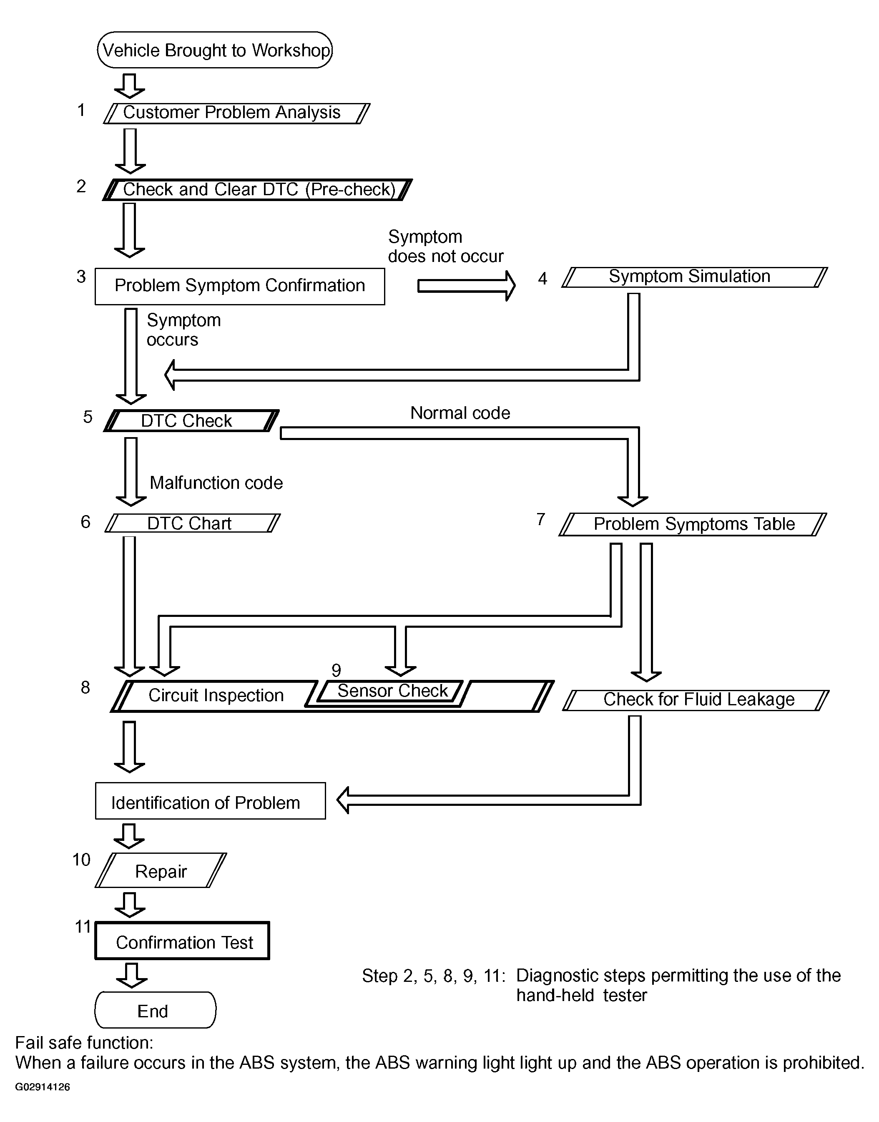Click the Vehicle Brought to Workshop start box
pos(215,50)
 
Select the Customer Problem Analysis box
pos(237,113)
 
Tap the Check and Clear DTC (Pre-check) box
pos(257,189)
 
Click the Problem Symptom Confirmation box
pos(240,286)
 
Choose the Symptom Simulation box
pos(695,277)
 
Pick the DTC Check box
pos(191,420)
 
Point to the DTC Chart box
pos(193,523)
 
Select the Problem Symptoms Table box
pos(693,524)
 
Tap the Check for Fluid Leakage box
pos(696,700)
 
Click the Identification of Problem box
pos(211,801)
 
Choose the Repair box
pos(161,870)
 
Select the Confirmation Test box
pos(183,940)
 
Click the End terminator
pos(156,1010)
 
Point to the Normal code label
pos(460,413)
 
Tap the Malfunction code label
pos(216,483)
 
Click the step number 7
pos(541,519)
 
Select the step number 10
pos(81,860)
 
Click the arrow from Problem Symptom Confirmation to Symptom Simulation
pos(466,286)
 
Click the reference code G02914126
pos(43,1087)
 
